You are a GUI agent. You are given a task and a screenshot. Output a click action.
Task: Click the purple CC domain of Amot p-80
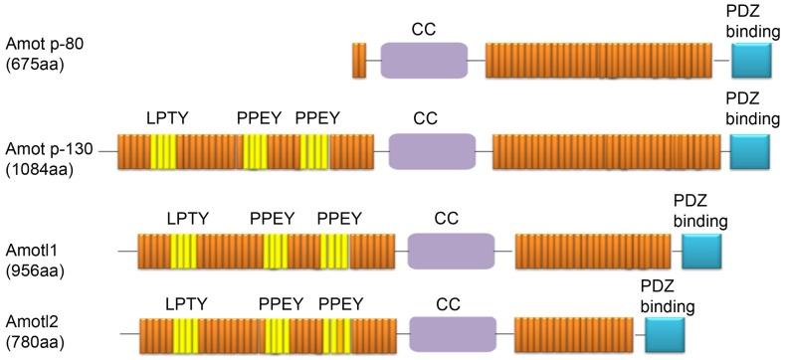(424, 62)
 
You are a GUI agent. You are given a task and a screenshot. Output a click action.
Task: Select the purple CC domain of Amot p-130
(432, 152)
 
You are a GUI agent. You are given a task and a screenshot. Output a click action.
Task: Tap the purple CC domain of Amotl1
(451, 252)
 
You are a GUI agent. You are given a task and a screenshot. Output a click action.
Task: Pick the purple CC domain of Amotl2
(452, 333)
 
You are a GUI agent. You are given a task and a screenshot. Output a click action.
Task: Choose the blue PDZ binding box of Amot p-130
(750, 152)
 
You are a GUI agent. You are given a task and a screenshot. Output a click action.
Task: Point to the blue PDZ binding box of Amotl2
(665, 333)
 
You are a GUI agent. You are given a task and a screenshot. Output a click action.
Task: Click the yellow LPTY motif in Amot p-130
(163, 152)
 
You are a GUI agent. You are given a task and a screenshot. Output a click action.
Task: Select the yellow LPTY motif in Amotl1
(183, 252)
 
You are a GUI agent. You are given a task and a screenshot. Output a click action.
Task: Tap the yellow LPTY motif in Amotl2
(185, 333)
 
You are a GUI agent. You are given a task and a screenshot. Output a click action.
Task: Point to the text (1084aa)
(37, 169)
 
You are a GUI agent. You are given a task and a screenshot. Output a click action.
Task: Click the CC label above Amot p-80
(424, 29)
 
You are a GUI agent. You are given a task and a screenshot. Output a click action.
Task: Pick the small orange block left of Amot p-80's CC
(359, 62)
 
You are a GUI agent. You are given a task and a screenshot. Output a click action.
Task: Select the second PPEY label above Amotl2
(341, 302)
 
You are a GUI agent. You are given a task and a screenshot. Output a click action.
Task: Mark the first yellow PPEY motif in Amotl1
(276, 252)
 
